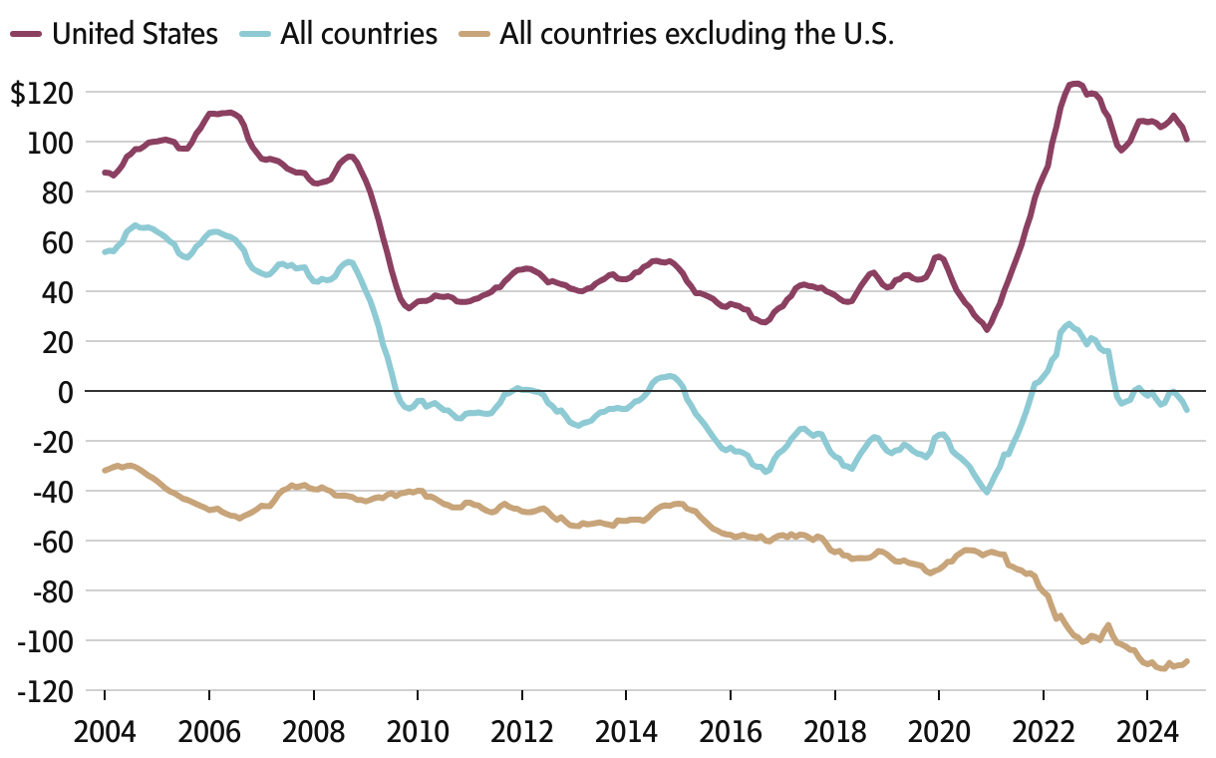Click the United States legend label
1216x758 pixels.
pos(135,34)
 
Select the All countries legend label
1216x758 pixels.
pos(359,34)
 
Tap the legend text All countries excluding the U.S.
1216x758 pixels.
pos(697,34)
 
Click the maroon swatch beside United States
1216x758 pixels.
pos(26,34)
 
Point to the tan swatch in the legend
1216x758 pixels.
pos(474,34)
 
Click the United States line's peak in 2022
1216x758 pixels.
pos(1074,84)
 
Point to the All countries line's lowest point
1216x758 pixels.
pos(987,492)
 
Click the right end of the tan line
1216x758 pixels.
pos(1187,661)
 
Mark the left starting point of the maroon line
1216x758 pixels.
pos(105,173)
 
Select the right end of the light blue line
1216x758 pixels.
pos(1187,410)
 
